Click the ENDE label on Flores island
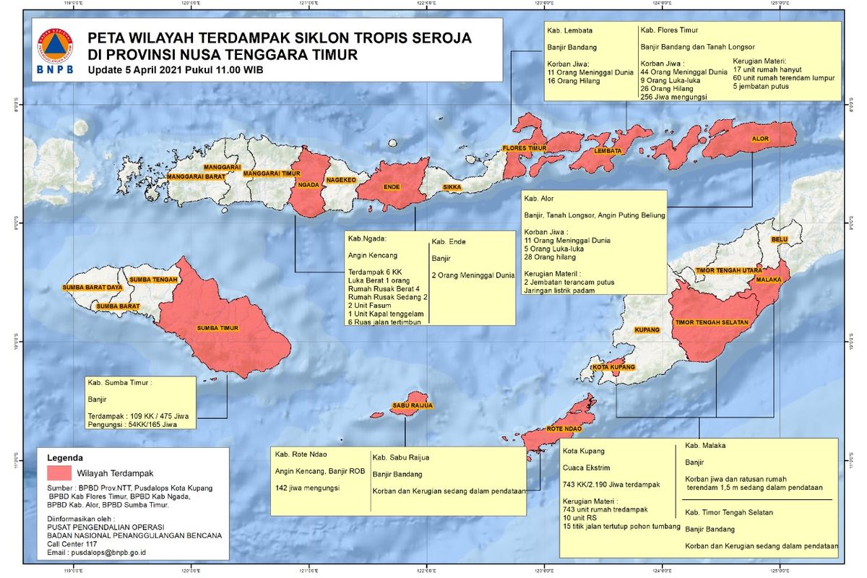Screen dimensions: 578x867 (392, 187)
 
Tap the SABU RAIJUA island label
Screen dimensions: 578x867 (413, 406)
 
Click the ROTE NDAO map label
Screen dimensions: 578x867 (564, 429)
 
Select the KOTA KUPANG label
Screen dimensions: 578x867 (613, 368)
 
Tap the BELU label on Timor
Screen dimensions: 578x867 (780, 239)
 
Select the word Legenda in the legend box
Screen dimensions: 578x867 (65, 457)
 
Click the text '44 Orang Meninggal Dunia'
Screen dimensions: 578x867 (683, 72)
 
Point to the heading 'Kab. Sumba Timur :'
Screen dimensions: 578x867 (121, 381)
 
